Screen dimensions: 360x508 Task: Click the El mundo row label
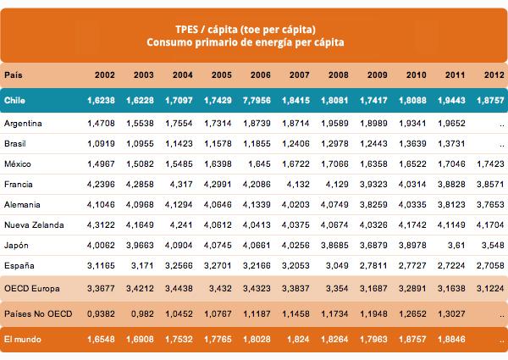23,339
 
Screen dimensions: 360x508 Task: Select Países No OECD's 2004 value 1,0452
188,314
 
